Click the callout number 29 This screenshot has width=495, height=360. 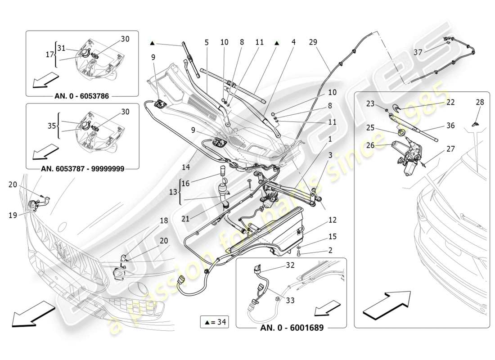coord(313,42)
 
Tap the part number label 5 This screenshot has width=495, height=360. coord(207,42)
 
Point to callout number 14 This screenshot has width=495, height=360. coord(185,167)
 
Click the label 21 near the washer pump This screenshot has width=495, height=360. coord(185,219)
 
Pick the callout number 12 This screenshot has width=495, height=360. coord(332,220)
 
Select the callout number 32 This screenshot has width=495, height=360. coord(290,265)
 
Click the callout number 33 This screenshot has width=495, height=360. coord(290,300)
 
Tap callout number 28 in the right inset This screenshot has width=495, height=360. coord(480,102)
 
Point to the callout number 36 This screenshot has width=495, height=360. coord(450,126)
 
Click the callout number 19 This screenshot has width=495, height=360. coord(13,215)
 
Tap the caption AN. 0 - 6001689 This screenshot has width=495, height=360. coord(292,328)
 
